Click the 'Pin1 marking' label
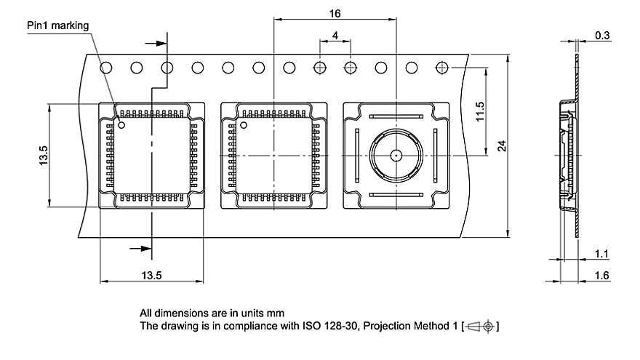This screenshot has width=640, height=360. coord(57,25)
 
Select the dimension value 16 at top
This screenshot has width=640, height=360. coord(335,12)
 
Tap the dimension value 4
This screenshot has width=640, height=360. coord(335,35)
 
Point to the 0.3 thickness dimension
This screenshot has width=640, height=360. coord(602,35)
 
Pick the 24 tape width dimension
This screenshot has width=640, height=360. coord(501,146)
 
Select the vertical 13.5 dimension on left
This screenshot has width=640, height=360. coord(43,156)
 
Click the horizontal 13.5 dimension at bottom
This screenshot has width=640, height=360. coord(151,274)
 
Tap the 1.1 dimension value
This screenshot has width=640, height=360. coord(602,254)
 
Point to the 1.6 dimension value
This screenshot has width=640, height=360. coord(602,275)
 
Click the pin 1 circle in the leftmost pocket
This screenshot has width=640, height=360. coord(123,126)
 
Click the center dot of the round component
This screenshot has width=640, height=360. coord(395,155)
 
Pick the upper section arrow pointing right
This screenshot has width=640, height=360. coord(157,41)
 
